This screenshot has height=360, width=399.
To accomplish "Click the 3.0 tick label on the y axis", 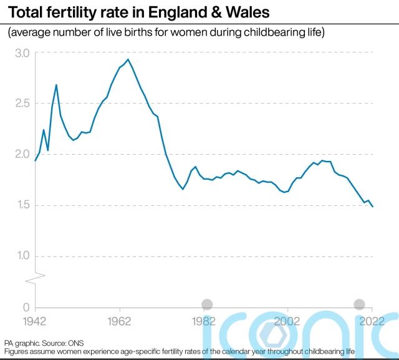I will pos(21,54).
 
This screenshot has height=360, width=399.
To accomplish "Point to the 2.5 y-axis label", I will pos(21,104).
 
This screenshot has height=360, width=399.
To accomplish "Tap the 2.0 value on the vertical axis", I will pos(21,154).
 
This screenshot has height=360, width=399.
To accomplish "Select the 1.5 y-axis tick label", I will pos(21,205).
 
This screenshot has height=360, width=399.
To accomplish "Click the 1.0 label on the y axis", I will pos(21,256).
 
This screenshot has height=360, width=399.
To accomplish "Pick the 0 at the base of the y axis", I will pos(26,307).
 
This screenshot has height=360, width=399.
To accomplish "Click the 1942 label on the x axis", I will pos(36,321).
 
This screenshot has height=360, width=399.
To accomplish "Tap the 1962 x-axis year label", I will pos(120,321).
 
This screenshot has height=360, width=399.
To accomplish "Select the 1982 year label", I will pos(204,321).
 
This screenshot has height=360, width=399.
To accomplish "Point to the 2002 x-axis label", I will pos(288,321).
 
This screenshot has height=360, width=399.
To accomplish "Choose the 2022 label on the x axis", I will pos(372,321).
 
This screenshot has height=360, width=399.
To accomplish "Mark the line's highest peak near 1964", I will pos(128,60).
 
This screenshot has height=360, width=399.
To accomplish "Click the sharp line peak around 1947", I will pos(56,85).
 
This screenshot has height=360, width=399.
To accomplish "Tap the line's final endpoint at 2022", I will pos(372,207).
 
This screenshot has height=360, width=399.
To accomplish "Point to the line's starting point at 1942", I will pos(36,160).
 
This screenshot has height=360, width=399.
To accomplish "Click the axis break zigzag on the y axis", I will pos(36,275).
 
